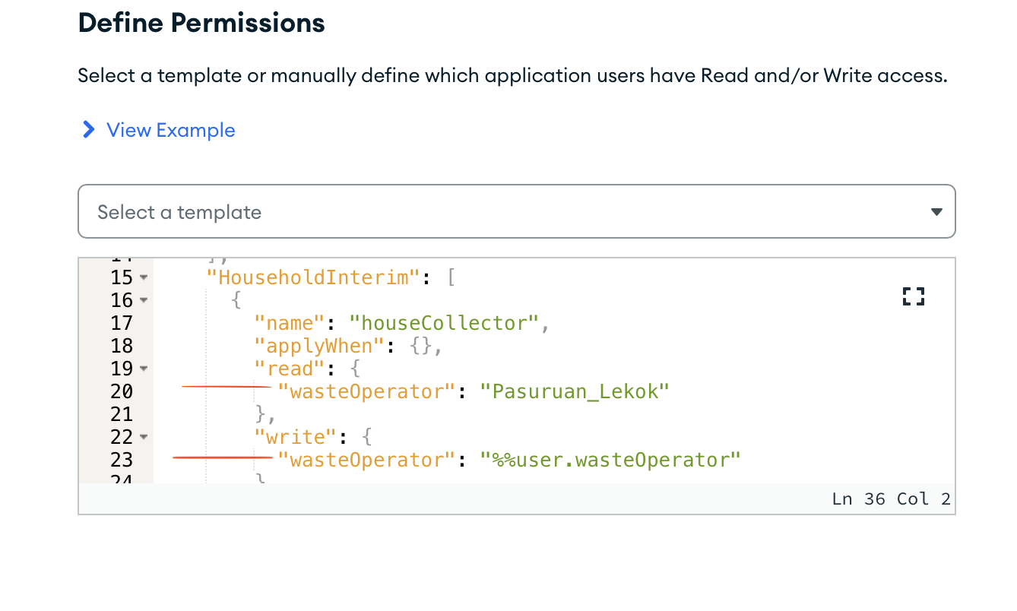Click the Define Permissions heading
tap(201, 24)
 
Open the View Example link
tap(170, 130)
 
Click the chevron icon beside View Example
tap(89, 130)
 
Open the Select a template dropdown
tap(516, 212)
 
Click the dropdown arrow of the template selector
tap(936, 212)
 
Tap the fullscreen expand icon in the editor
tap(913, 296)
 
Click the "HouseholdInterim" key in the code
tap(313, 277)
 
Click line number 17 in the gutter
tap(122, 323)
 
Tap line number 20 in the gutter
tap(122, 391)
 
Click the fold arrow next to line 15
tap(144, 278)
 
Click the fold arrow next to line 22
tap(144, 438)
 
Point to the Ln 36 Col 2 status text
tap(891, 499)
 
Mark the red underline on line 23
tap(222, 457)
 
